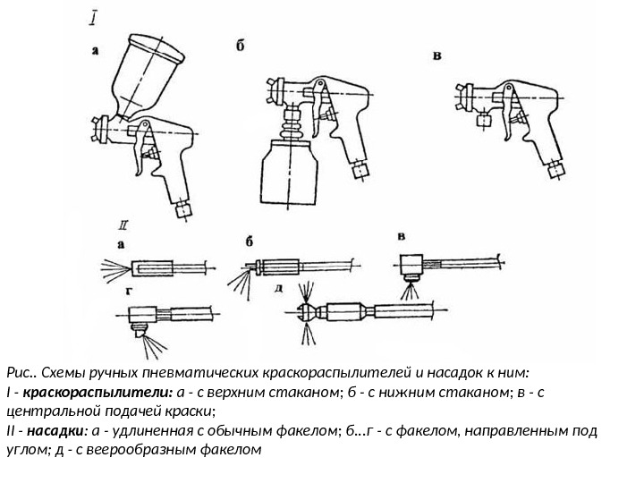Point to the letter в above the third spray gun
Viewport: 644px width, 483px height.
pos(436,55)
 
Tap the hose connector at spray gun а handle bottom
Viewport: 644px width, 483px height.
pos(186,209)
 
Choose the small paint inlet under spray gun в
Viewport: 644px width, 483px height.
pos(486,118)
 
